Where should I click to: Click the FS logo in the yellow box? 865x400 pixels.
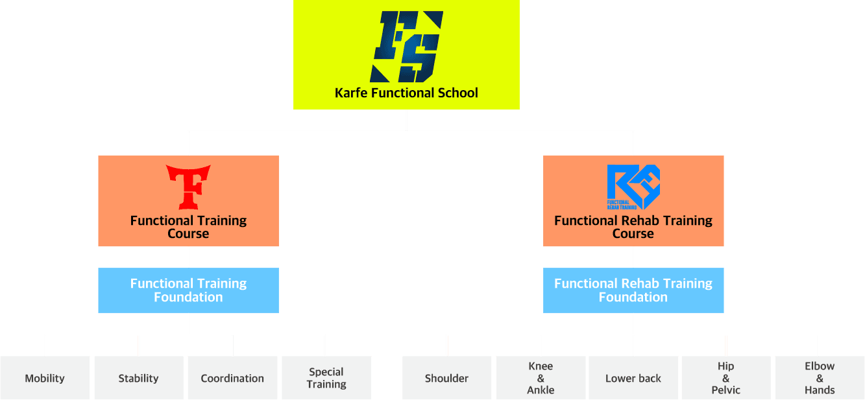coord(407,46)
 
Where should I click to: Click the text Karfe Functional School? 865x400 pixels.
coord(406,93)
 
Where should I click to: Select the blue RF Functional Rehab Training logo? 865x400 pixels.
coord(633,187)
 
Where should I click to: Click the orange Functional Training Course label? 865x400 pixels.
coord(188,227)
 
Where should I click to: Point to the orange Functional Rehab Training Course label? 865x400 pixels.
coord(633,227)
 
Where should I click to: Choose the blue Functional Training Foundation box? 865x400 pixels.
coord(188,290)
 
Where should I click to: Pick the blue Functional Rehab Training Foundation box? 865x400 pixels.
coord(633,290)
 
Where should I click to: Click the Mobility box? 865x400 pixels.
coord(45,378)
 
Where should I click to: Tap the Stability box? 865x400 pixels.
coord(138,378)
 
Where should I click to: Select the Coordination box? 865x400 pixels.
coord(232,378)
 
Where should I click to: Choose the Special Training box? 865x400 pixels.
coord(326,378)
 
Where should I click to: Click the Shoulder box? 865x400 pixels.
coord(447,378)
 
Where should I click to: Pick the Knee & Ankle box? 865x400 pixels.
coord(541,378)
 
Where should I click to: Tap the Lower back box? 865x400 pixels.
coord(633,378)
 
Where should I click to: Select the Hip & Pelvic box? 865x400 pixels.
coord(725,378)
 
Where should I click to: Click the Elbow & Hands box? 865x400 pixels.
coord(820,378)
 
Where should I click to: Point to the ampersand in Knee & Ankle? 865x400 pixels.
coord(541,378)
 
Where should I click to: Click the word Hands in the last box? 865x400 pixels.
coord(820,390)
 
